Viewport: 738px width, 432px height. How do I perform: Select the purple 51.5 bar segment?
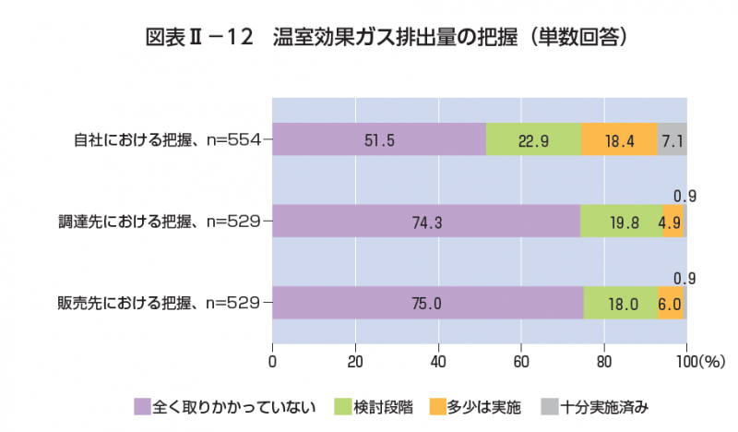click(379, 140)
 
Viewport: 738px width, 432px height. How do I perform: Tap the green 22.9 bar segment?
click(533, 140)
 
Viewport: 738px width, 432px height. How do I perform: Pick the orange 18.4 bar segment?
click(619, 140)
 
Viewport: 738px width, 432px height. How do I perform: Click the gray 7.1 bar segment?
click(673, 140)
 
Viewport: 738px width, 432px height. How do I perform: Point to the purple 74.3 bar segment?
click(426, 222)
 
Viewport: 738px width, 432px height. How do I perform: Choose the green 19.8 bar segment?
click(621, 222)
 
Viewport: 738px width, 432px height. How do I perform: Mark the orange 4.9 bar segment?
click(673, 222)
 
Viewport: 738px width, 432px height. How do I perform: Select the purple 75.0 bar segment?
click(428, 302)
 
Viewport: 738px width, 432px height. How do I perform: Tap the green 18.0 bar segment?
click(621, 302)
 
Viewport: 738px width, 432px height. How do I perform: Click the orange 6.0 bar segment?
click(671, 302)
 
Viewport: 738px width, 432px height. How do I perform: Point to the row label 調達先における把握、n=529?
click(160, 222)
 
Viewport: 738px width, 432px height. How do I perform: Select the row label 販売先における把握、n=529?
click(160, 302)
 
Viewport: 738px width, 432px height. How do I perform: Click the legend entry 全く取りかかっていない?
click(225, 406)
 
